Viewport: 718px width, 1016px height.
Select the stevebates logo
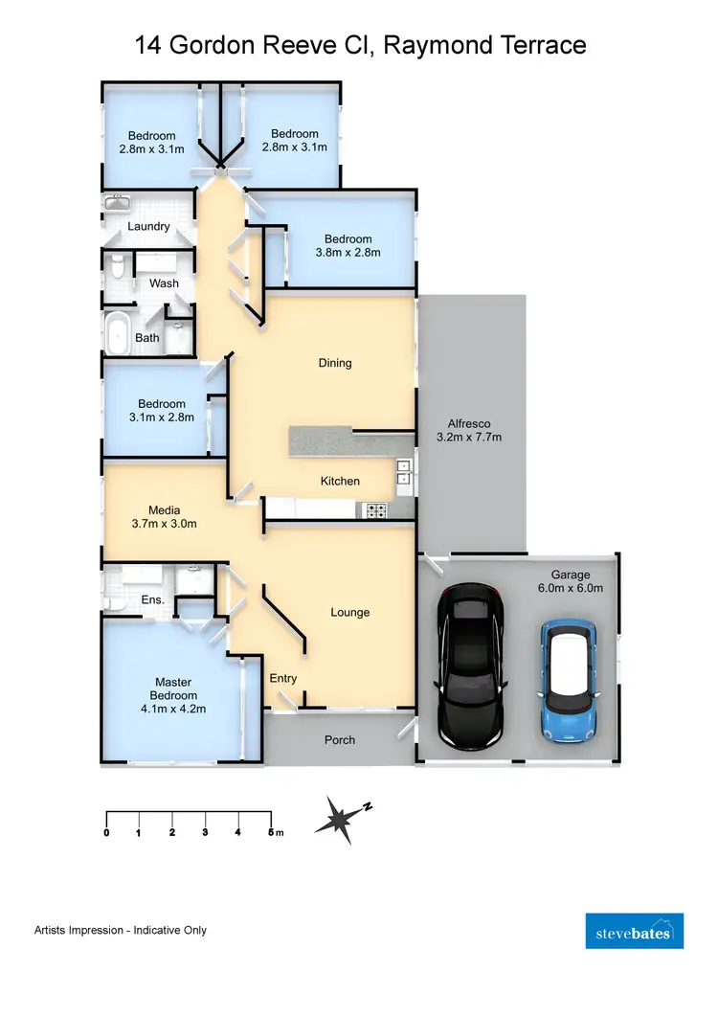pos(634,931)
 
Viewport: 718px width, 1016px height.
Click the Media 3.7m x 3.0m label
pos(165,516)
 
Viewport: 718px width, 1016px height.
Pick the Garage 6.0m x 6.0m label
pos(570,582)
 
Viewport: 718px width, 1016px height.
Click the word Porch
pos(340,739)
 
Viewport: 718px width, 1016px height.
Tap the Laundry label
pos(148,227)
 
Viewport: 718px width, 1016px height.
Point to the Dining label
pos(335,363)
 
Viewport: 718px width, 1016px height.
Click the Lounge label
pos(349,612)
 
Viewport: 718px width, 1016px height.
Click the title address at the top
pos(359,44)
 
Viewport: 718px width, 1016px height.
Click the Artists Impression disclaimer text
pos(121,930)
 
